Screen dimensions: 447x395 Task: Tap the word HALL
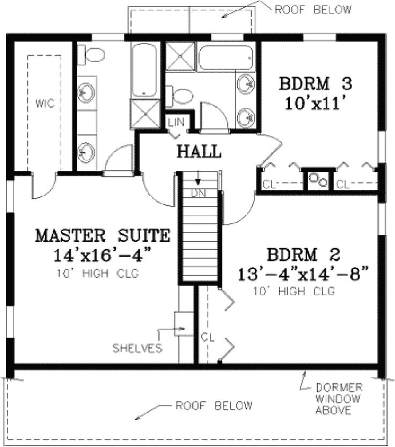(x=199, y=152)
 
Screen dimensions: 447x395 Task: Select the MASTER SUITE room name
(x=103, y=235)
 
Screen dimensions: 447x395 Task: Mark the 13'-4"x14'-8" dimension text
(x=303, y=274)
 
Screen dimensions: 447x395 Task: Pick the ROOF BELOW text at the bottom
(x=214, y=406)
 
